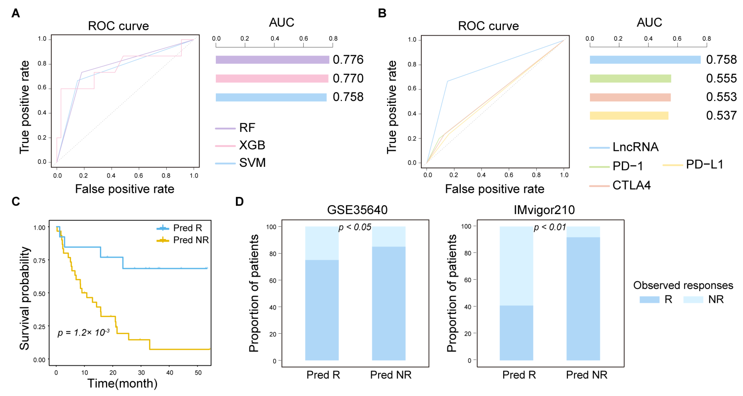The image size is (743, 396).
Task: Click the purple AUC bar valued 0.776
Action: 272,60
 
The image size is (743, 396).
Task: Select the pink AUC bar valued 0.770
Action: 272,78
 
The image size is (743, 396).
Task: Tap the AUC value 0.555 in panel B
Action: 721,78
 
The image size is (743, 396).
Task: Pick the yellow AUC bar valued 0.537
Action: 629,116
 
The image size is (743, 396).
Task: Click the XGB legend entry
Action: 252,145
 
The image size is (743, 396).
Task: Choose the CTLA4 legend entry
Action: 631,185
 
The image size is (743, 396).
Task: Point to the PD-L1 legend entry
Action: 704,165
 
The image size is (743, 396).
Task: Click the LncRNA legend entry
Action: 635,147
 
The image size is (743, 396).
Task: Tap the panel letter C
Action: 16,201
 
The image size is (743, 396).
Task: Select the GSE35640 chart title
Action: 357,210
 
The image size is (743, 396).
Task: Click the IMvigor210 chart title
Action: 544,210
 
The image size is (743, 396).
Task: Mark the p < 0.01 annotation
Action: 550,227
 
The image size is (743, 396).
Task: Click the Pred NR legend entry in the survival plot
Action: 191,240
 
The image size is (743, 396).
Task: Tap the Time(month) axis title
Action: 122,384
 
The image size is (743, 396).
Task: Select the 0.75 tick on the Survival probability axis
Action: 39,261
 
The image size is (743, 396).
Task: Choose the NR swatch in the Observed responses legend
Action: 693,299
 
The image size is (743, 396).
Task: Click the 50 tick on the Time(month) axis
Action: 198,373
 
